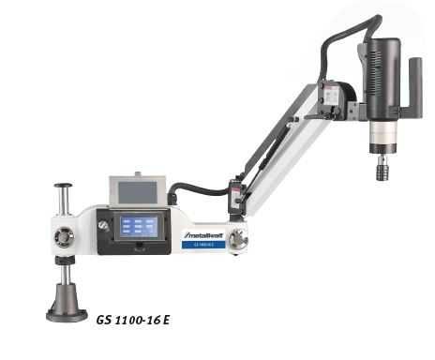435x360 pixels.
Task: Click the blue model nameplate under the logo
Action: click(206, 243)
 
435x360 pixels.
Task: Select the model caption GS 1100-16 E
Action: click(132, 318)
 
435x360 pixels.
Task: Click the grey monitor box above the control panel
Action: click(138, 188)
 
